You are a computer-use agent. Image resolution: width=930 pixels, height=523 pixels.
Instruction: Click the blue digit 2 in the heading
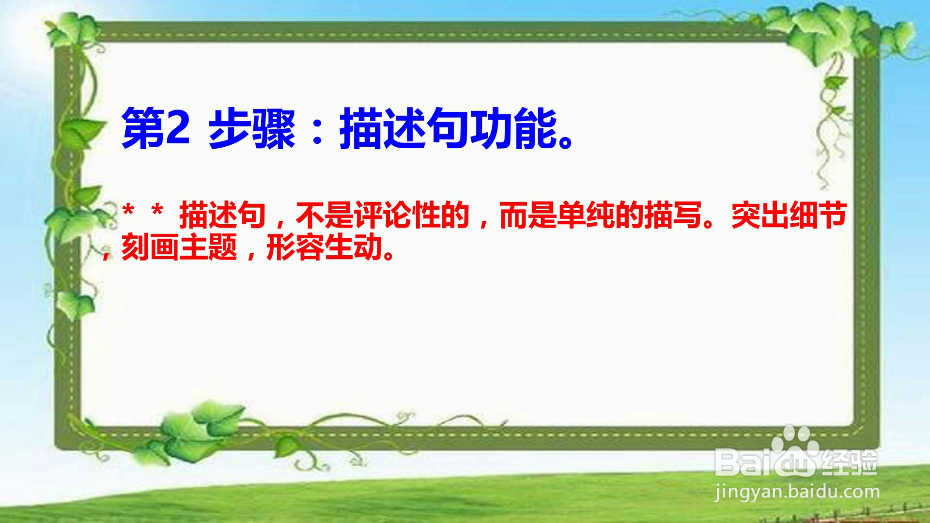click(x=177, y=129)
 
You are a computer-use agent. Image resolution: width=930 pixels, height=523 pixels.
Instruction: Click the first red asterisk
click(x=128, y=212)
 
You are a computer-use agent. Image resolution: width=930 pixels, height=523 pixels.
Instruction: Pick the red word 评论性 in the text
click(x=397, y=215)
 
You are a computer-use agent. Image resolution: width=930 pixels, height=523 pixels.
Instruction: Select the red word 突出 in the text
click(x=760, y=215)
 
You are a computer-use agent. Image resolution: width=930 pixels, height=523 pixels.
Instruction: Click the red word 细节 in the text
click(x=819, y=215)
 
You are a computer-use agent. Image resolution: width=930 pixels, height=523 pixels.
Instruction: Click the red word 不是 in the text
click(x=325, y=215)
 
